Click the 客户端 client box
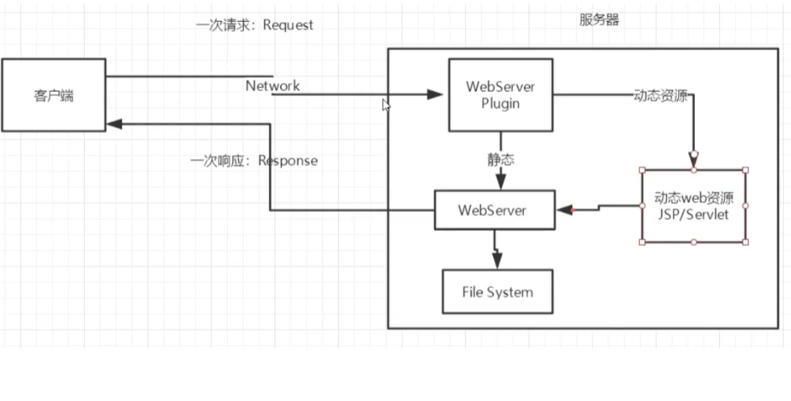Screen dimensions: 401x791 pyautogui.click(x=53, y=95)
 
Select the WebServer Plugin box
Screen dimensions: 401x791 pyautogui.click(x=500, y=95)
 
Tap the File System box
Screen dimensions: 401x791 pyautogui.click(x=497, y=292)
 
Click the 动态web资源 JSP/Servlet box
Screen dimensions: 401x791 pyautogui.click(x=693, y=206)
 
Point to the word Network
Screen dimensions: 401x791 pyautogui.click(x=273, y=86)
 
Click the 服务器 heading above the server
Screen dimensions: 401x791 pyautogui.click(x=599, y=20)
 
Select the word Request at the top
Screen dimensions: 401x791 pyautogui.click(x=287, y=25)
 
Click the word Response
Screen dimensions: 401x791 pyautogui.click(x=288, y=161)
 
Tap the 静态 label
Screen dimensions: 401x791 pyautogui.click(x=500, y=159)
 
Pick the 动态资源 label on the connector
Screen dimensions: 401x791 pyautogui.click(x=661, y=94)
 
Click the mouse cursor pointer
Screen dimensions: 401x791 pyautogui.click(x=386, y=106)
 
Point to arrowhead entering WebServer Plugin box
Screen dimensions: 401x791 pyautogui.click(x=435, y=94)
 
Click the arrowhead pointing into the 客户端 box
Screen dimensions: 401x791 pyautogui.click(x=115, y=124)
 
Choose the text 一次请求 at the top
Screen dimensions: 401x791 pyautogui.click(x=216, y=25)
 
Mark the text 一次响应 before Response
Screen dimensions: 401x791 pyautogui.click(x=212, y=161)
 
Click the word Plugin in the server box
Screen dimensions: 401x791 pyautogui.click(x=500, y=103)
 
